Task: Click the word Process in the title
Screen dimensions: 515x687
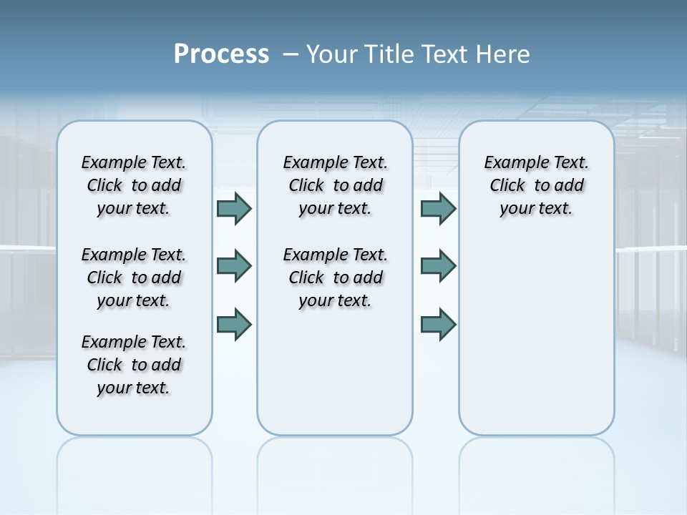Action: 221,54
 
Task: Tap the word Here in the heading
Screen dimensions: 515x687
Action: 505,54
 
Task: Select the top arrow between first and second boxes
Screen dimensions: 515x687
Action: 233,208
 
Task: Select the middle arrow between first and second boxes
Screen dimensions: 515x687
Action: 233,266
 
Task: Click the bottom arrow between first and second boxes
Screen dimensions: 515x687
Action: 233,325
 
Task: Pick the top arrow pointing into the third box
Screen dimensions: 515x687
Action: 438,208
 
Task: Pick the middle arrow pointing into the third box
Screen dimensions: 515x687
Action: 438,266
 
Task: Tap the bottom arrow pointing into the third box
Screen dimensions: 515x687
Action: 438,325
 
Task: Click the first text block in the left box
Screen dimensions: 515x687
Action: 134,185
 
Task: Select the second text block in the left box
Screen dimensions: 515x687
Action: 134,278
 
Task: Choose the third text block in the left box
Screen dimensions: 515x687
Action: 134,365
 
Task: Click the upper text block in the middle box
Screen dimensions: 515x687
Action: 335,185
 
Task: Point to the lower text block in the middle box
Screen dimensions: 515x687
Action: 335,278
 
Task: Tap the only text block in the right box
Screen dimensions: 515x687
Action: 536,185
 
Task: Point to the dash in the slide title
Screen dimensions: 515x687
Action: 291,54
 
